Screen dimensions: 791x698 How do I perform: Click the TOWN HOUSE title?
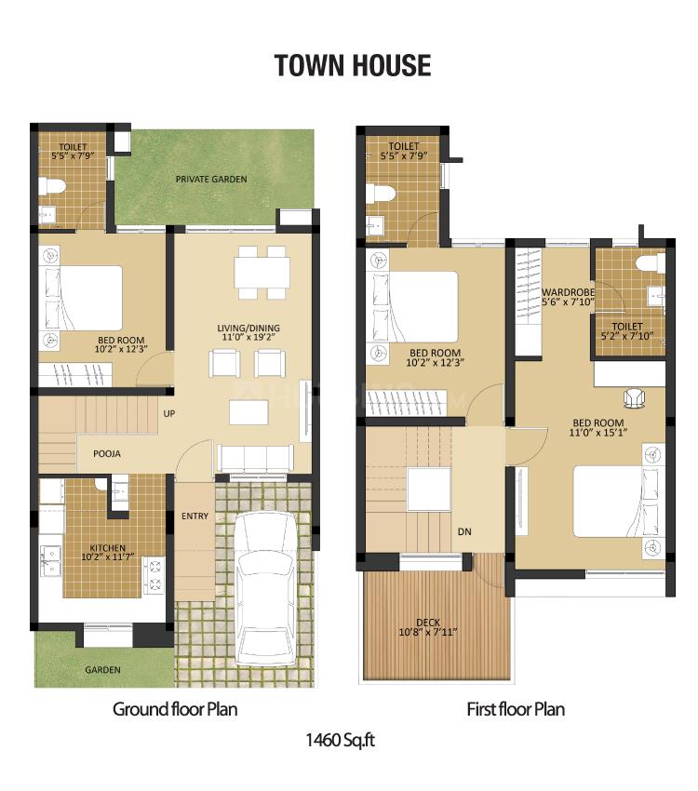coord(352,65)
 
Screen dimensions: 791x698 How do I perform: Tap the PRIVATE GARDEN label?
coord(211,179)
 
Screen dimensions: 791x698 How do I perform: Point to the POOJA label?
coord(107,453)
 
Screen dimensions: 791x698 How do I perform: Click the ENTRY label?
coord(195,516)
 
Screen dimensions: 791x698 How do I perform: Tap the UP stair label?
coord(169,413)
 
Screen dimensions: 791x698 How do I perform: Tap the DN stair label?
coord(464,532)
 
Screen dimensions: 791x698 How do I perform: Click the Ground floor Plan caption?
coord(175,709)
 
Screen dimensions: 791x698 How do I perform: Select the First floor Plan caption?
coord(516,709)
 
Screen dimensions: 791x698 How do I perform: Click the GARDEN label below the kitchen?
coord(102,669)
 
